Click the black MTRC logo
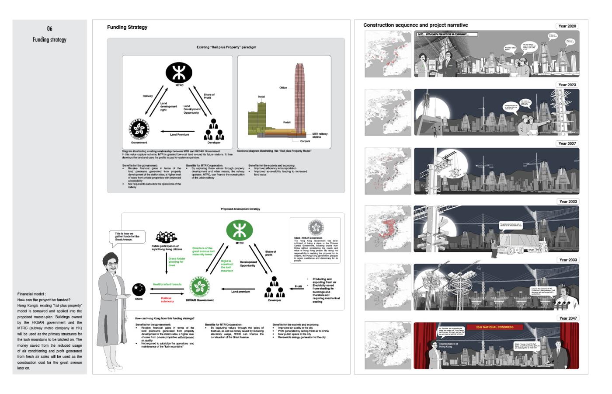(x=179, y=72)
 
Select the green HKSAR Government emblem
(x=200, y=287)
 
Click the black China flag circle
(x=139, y=289)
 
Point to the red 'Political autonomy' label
(x=167, y=300)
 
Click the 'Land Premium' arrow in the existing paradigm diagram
(x=179, y=131)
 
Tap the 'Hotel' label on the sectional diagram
(x=261, y=97)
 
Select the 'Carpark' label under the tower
(x=305, y=141)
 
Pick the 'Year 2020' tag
(x=567, y=26)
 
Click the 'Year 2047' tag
(x=567, y=318)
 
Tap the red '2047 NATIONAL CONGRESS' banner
(x=495, y=327)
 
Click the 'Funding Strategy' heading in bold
(x=127, y=28)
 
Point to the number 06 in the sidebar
(x=49, y=29)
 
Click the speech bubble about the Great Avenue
(x=127, y=237)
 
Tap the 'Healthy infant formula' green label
(x=167, y=285)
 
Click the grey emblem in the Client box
(x=316, y=227)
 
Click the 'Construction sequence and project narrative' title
(x=415, y=25)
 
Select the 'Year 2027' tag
(x=567, y=143)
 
